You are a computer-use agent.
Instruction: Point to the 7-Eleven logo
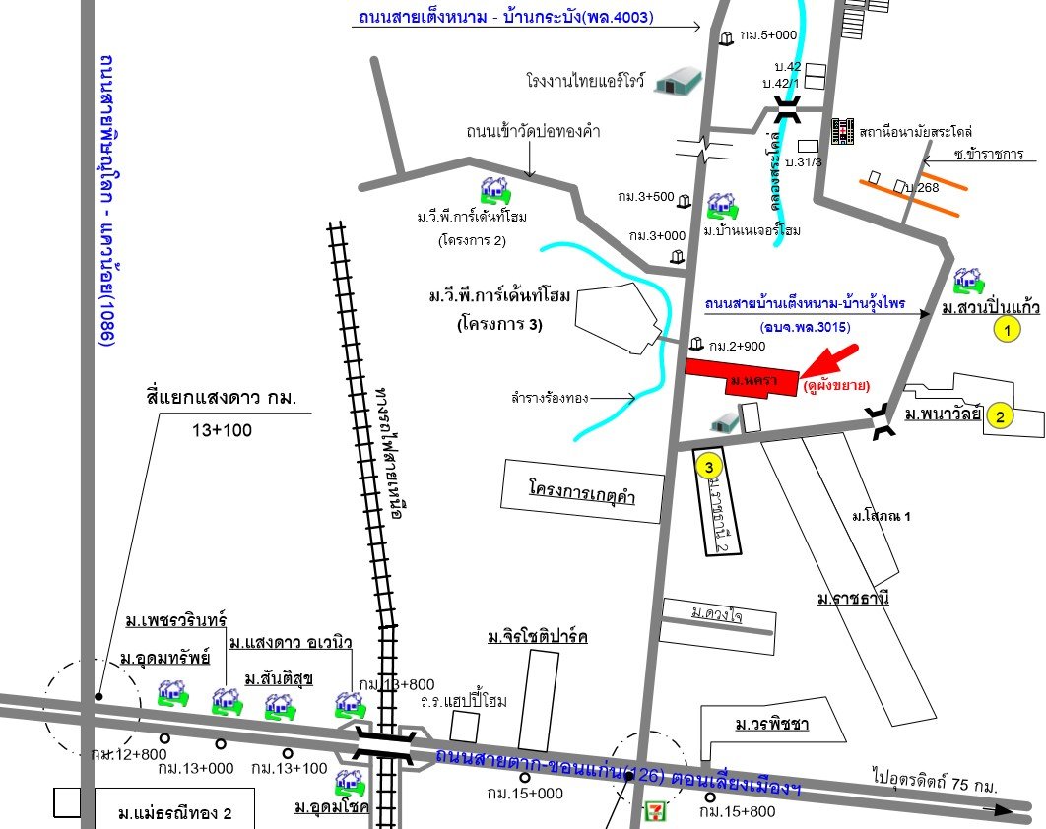[653, 811]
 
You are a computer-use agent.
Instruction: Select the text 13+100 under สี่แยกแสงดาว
[218, 430]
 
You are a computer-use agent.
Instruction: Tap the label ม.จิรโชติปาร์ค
[537, 638]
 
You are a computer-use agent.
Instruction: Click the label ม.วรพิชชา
[771, 725]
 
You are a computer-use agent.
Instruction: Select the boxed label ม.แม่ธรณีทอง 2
[174, 814]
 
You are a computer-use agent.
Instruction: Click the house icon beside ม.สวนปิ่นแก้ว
[969, 281]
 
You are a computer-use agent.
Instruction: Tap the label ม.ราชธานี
[853, 598]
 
